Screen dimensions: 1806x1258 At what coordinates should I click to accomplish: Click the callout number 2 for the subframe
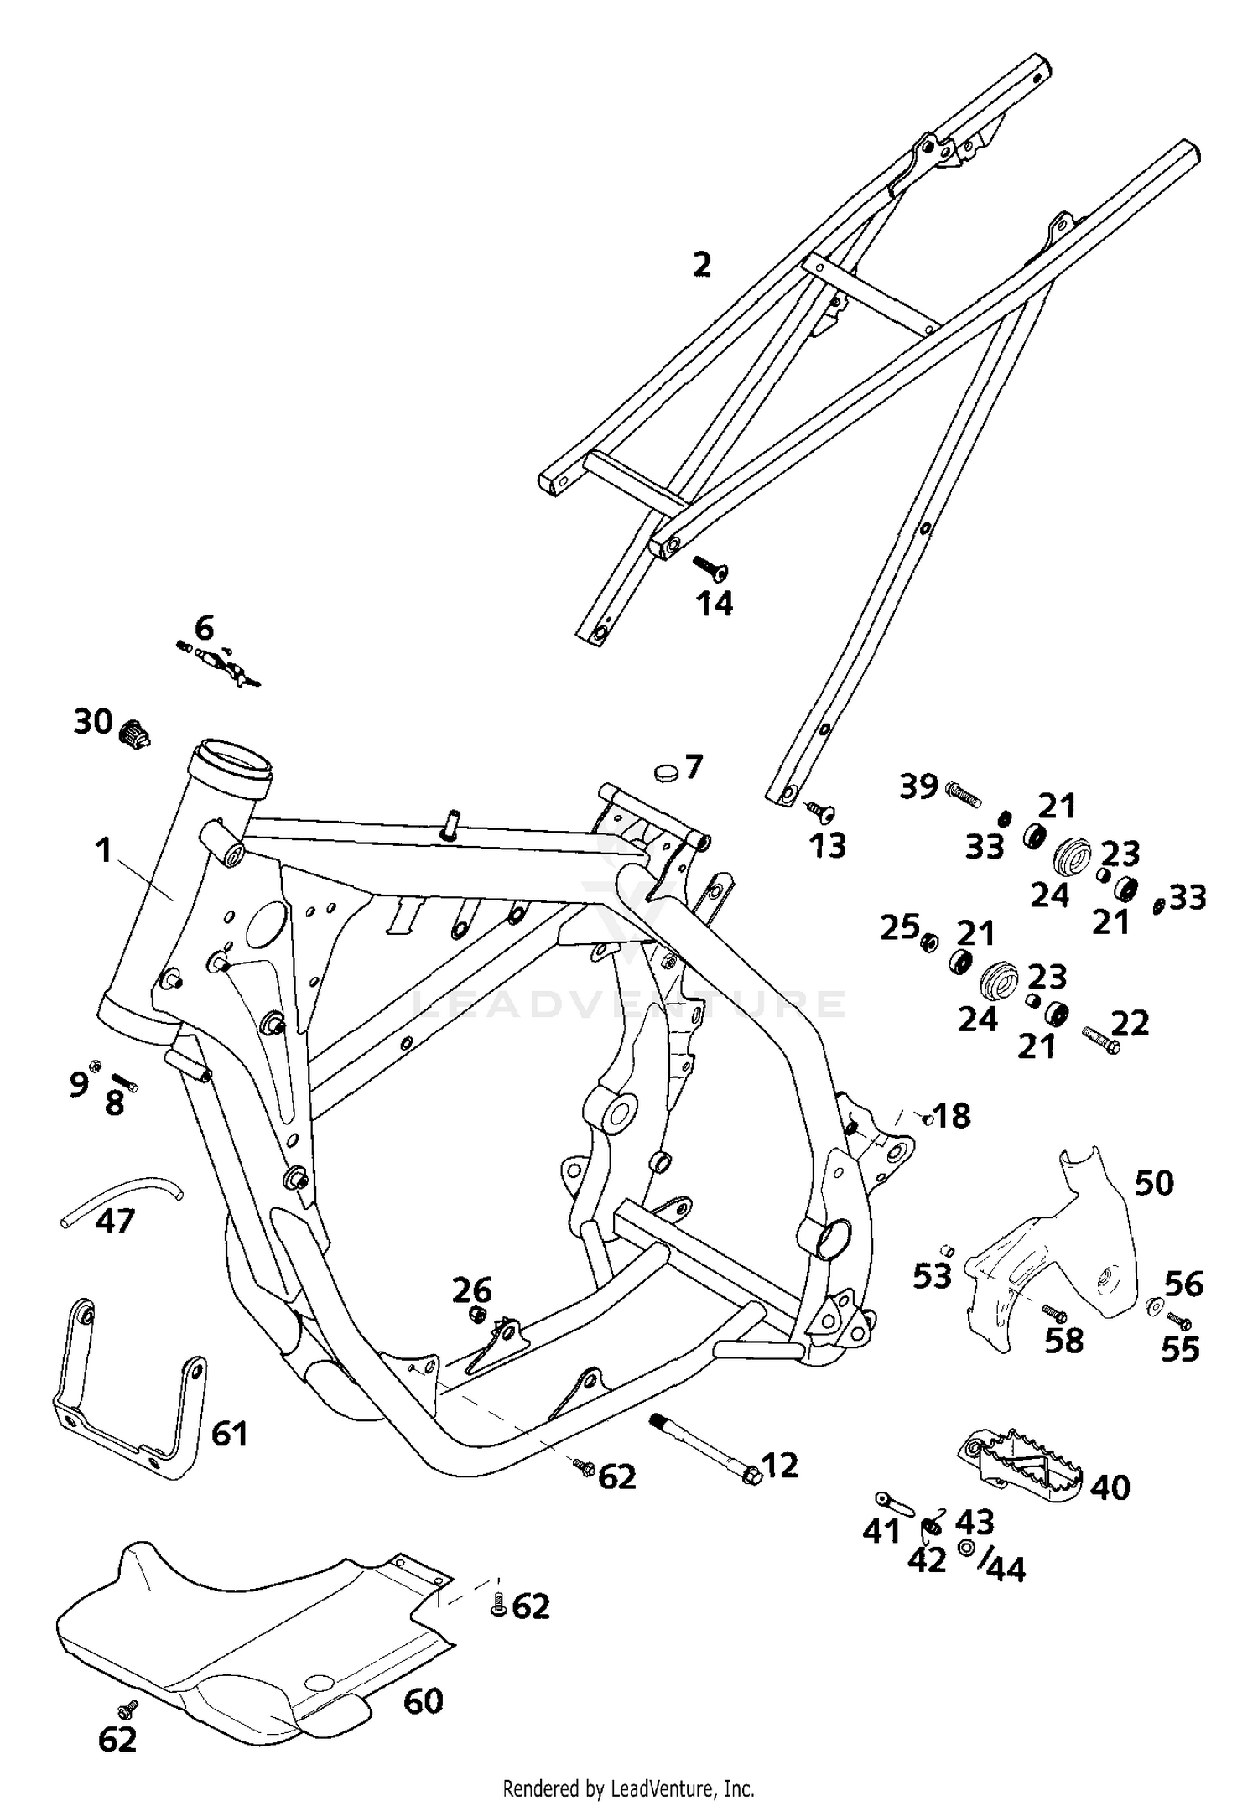point(702,265)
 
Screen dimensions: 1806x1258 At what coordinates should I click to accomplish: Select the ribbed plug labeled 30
point(134,734)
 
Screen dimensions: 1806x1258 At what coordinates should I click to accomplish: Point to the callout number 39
point(918,786)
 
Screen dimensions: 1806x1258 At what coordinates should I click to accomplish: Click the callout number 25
point(898,928)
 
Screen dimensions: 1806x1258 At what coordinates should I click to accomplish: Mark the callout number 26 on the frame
point(472,1290)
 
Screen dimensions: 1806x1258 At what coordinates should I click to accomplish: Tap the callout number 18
point(952,1116)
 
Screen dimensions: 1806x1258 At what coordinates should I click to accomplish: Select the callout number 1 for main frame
point(102,851)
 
